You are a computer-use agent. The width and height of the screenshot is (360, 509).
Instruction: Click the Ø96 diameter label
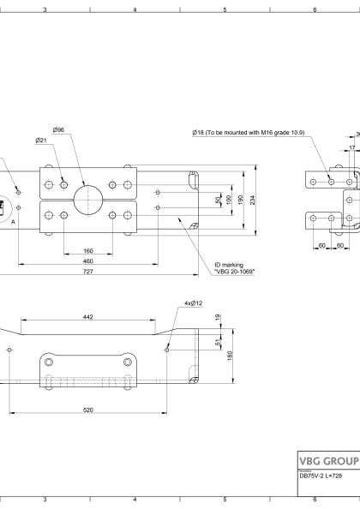point(58,129)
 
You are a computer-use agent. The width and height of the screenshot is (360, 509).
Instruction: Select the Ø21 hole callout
point(40,140)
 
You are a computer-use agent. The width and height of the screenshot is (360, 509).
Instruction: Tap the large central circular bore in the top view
point(87,200)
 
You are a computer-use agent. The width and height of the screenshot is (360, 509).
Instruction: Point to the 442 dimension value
point(87,316)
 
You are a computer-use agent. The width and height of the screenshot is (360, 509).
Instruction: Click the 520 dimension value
point(87,410)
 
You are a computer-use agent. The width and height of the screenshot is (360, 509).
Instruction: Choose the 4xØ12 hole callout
point(193,303)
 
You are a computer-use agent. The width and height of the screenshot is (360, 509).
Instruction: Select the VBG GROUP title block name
point(328,459)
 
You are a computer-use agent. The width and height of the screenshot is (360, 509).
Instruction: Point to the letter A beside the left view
point(13,220)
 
